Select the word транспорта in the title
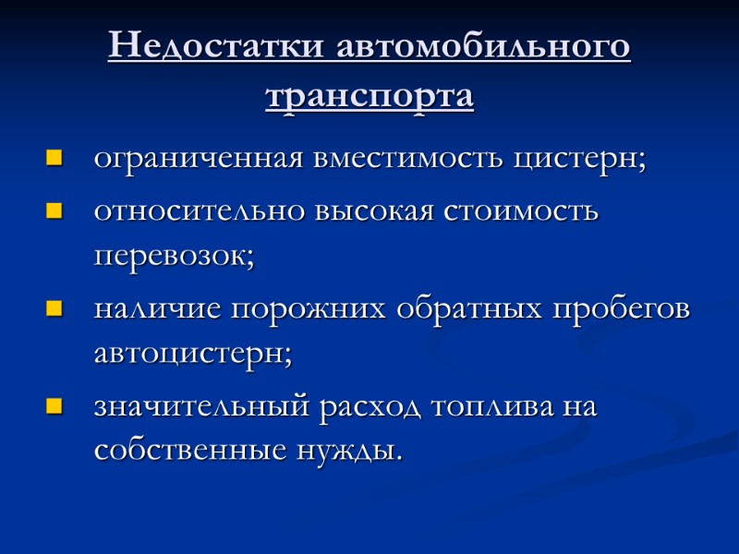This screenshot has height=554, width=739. click(x=369, y=95)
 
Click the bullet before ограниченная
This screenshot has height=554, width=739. click(x=55, y=159)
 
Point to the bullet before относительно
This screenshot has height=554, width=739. click(x=55, y=211)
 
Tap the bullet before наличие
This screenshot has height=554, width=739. click(x=55, y=309)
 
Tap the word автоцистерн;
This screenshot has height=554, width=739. click(x=192, y=355)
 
